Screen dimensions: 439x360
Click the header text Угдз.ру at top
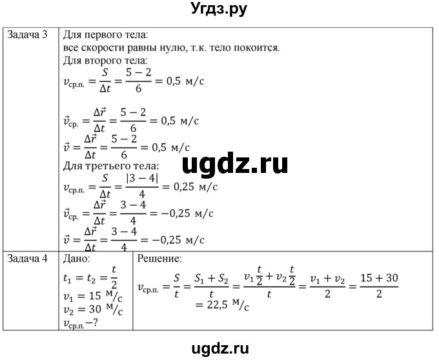(219, 10)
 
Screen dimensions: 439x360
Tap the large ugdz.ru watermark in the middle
(235, 165)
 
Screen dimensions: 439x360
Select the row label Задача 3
(27, 35)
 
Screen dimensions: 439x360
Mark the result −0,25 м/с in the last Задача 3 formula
(178, 239)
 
